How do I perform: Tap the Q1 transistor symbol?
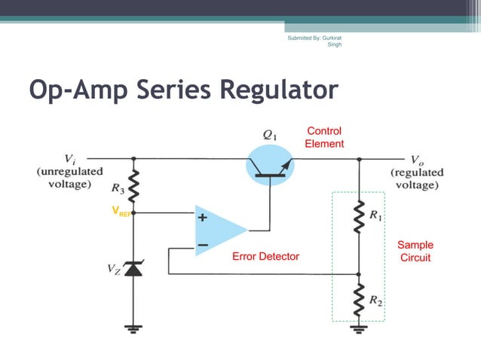click(x=270, y=167)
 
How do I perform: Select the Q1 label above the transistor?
click(x=269, y=135)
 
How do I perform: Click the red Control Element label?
click(x=323, y=137)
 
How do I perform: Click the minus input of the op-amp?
click(x=202, y=245)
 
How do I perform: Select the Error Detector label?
click(x=265, y=257)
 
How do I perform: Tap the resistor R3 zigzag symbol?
click(x=133, y=185)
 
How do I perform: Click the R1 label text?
click(x=375, y=215)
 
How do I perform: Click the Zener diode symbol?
click(x=133, y=267)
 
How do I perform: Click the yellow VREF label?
click(x=120, y=212)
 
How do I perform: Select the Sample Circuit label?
click(x=415, y=251)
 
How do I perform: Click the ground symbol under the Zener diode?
click(x=133, y=328)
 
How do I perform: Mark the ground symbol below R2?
click(x=358, y=328)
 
